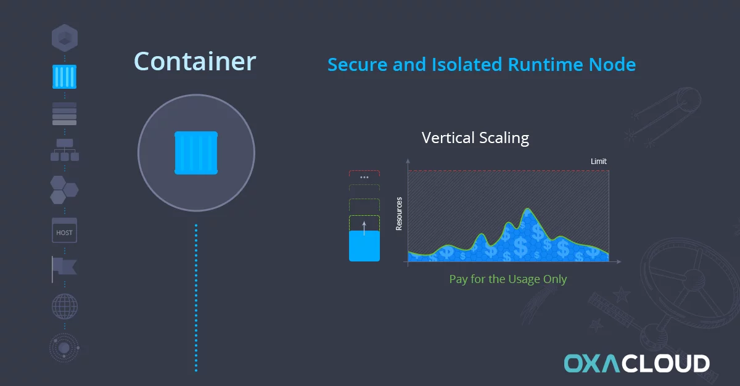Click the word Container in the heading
(x=195, y=62)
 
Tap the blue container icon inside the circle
(x=196, y=153)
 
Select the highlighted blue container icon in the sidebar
(x=64, y=76)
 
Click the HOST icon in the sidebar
(x=64, y=230)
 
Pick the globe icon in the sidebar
(x=65, y=306)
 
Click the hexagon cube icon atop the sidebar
(x=65, y=38)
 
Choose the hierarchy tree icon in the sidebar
(x=65, y=150)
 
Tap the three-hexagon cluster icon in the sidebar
(x=64, y=190)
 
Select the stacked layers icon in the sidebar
(x=64, y=114)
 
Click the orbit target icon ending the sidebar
(x=64, y=348)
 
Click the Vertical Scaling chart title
(x=475, y=138)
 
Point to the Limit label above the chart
(x=599, y=162)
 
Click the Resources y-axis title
(x=399, y=213)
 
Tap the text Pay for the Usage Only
(x=508, y=279)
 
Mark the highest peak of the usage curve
(x=528, y=208)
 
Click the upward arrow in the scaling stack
(x=364, y=228)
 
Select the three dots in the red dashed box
(x=364, y=178)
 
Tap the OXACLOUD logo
(x=636, y=363)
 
